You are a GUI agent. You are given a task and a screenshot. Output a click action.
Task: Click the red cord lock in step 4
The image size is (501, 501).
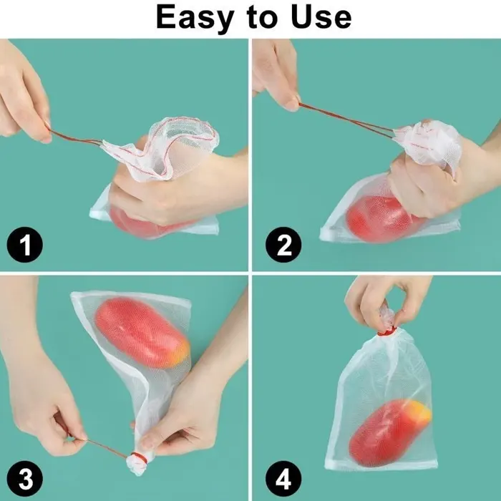tap(386, 331)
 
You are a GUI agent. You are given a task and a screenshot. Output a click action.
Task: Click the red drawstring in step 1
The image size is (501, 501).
tap(75, 137)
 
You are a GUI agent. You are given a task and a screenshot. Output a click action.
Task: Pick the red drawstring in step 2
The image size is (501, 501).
tap(344, 118)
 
